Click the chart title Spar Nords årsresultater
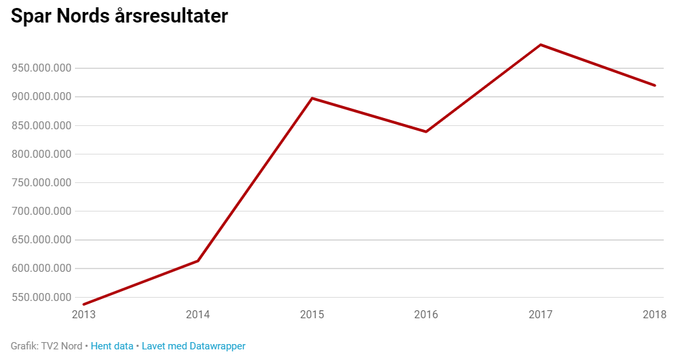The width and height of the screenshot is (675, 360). [119, 17]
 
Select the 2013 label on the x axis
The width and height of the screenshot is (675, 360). [84, 314]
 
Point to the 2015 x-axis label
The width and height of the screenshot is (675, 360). [312, 314]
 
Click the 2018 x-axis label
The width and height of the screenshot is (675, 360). [654, 314]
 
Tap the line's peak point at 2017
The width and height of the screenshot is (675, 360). [541, 45]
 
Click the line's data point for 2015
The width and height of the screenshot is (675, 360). [312, 98]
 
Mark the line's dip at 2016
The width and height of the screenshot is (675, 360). [426, 131]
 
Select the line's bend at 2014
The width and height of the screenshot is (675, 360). [198, 261]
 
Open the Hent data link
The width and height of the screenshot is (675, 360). [112, 346]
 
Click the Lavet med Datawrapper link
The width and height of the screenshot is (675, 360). [194, 346]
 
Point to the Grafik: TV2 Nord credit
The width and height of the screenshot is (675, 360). [46, 346]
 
